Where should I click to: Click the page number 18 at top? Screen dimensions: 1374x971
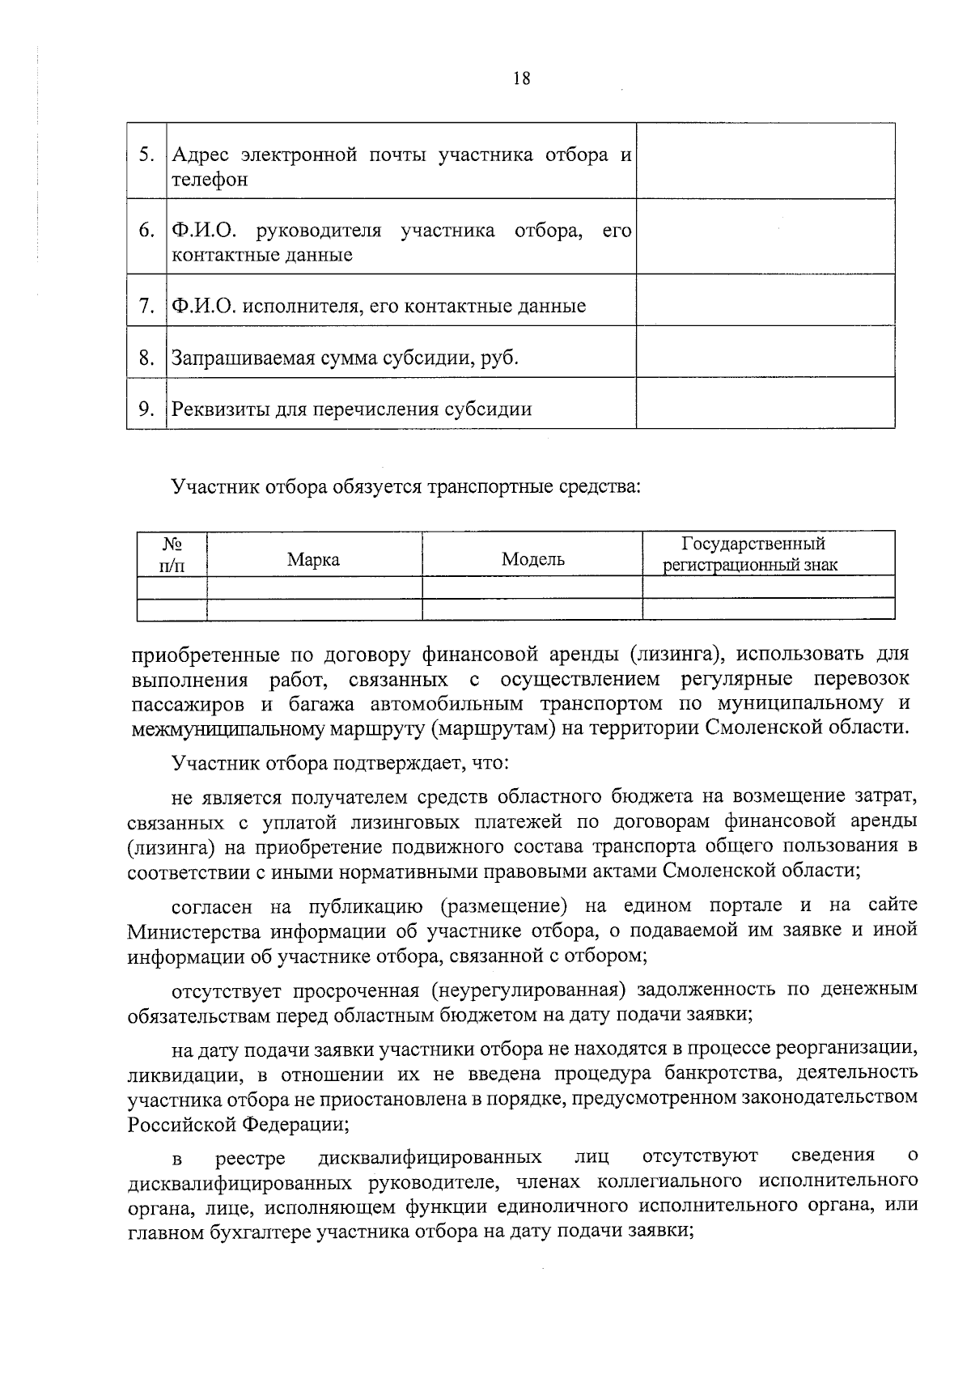[521, 78]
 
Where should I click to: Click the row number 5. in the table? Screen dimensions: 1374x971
[146, 155]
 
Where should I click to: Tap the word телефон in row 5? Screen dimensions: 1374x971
[210, 180]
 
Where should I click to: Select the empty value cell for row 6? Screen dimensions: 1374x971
[765, 236]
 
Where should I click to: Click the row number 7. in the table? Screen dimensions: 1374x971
[146, 307]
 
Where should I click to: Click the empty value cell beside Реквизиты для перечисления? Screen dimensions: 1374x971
[765, 403]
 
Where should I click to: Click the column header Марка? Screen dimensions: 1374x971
[313, 560]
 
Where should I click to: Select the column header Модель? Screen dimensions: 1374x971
[532, 559]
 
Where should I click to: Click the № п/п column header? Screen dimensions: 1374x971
[172, 555]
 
